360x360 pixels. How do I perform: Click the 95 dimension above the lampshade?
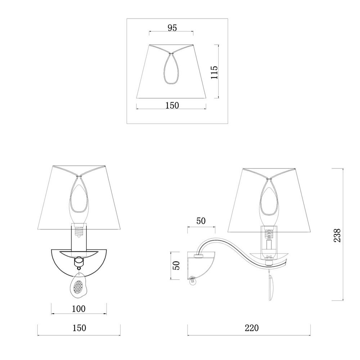tap(172, 28)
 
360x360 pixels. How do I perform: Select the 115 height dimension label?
tap(215, 72)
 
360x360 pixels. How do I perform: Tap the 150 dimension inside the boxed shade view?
tap(172, 105)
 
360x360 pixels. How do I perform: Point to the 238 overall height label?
tap(337, 235)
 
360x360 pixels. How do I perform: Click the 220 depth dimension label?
tap(252, 328)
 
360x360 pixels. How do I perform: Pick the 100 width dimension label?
tap(78, 309)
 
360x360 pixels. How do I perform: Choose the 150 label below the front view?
tap(79, 328)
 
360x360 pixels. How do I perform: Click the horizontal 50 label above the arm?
tap(201, 221)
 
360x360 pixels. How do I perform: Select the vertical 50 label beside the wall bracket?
tap(176, 266)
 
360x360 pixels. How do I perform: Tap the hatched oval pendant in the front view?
tap(78, 286)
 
